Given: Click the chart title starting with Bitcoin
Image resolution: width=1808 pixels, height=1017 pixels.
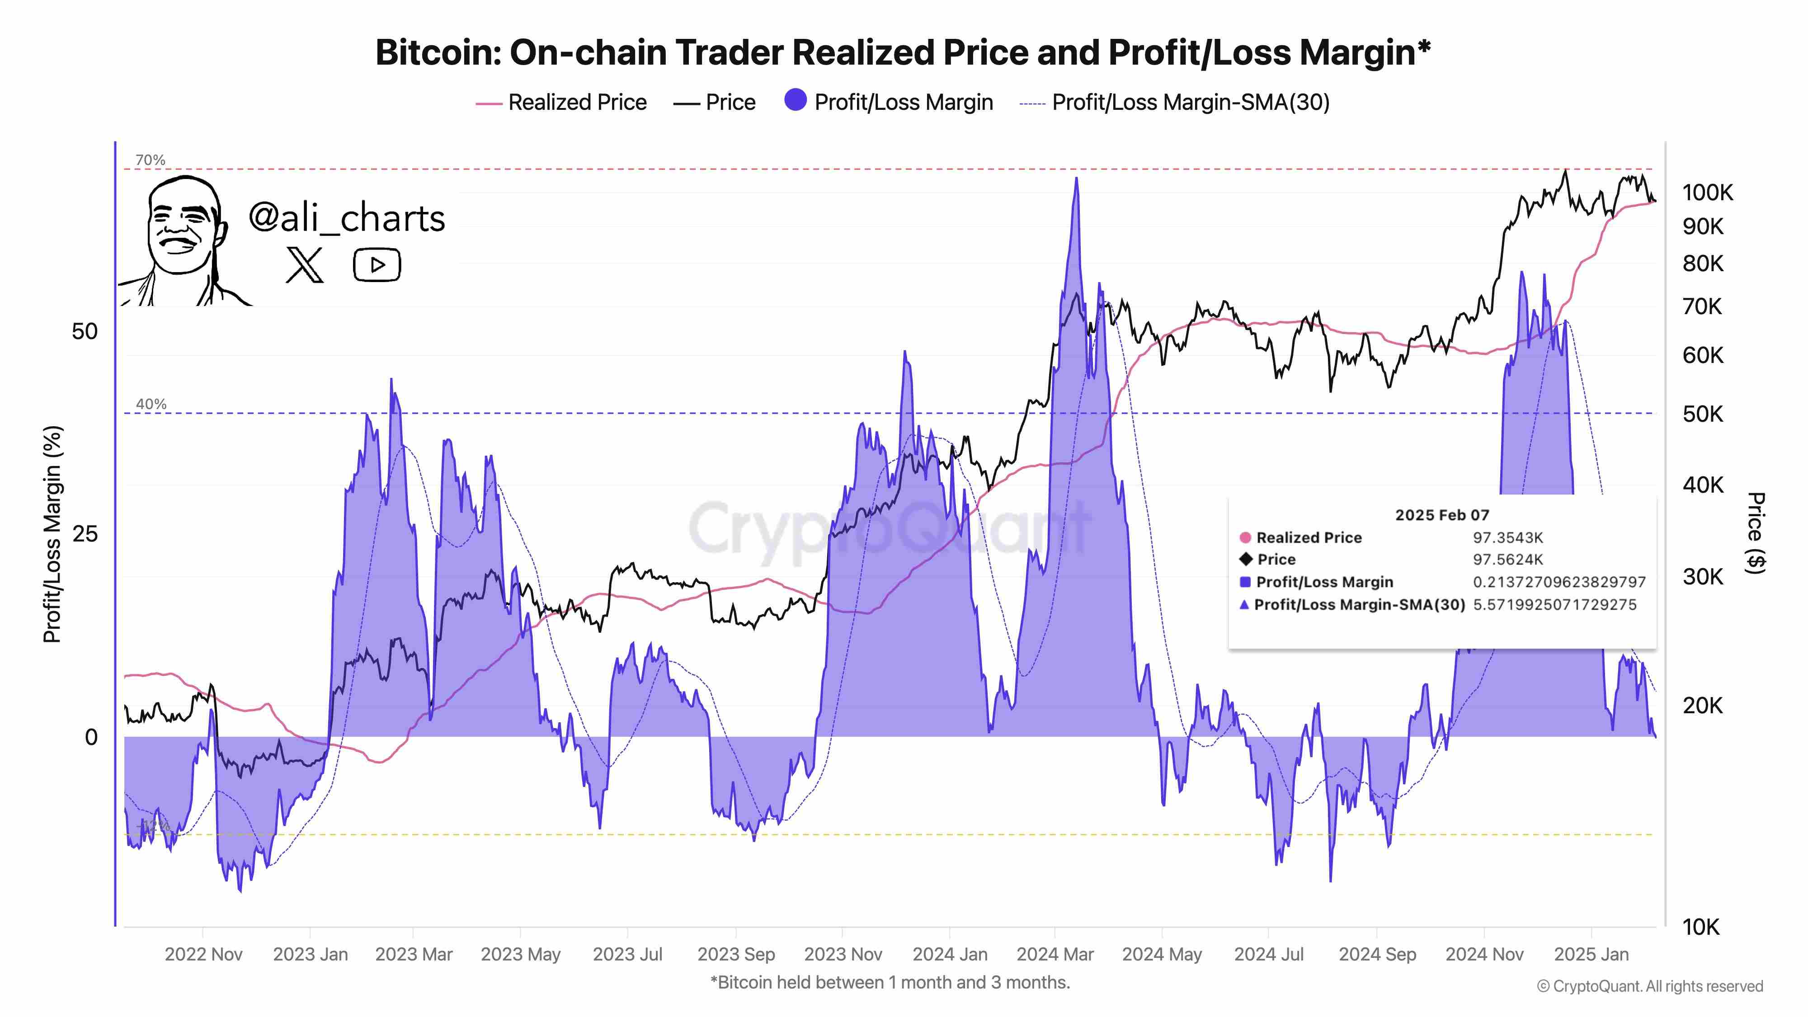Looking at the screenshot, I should (903, 52).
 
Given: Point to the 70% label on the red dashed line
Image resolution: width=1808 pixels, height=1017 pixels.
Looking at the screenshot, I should (150, 160).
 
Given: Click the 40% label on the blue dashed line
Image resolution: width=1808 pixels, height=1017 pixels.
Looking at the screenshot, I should (151, 404).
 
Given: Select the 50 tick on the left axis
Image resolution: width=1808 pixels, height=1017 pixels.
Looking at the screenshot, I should (85, 331).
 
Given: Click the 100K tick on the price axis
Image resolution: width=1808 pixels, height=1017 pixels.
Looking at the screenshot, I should (1707, 192).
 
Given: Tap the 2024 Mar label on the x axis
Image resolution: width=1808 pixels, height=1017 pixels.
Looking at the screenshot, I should (1055, 955).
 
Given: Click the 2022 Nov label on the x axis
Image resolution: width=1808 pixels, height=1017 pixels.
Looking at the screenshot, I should (203, 955).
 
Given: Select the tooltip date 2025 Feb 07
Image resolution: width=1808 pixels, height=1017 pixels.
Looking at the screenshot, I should (1441, 515).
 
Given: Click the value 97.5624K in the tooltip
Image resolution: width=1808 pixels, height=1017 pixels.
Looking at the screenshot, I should (1507, 560).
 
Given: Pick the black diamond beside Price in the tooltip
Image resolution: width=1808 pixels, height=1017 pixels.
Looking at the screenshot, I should (1246, 560).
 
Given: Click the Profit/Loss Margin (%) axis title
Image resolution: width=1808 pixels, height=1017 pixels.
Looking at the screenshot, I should (52, 533).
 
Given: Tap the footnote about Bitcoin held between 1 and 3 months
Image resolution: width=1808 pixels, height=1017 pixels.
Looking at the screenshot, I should (890, 983).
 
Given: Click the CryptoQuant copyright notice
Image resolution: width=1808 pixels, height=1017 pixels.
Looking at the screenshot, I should (1649, 986).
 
